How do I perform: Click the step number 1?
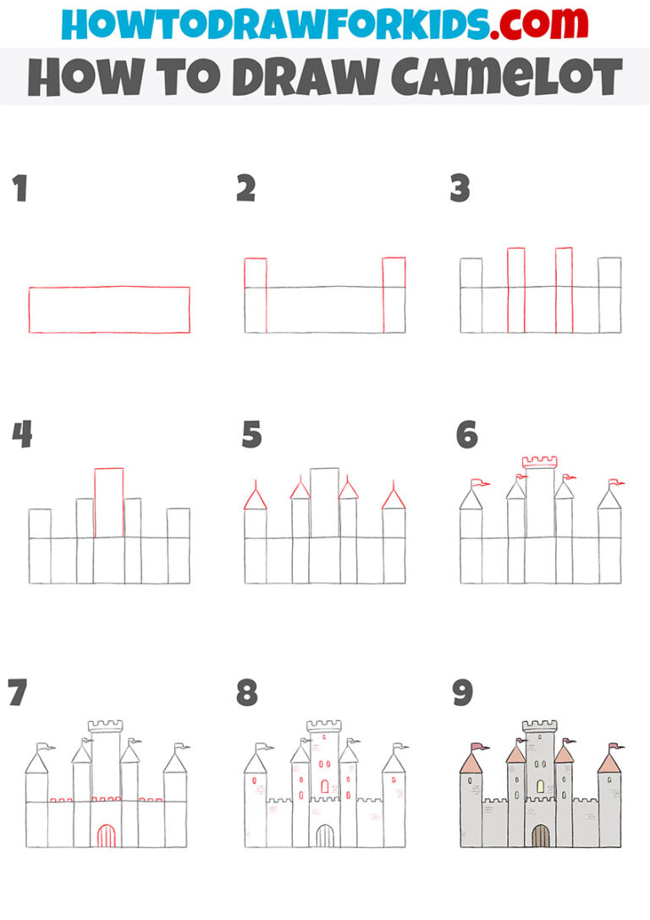pyautogui.click(x=20, y=189)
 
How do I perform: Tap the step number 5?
pyautogui.click(x=251, y=435)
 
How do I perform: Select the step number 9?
pyautogui.click(x=462, y=693)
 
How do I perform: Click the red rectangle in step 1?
pyautogui.click(x=109, y=310)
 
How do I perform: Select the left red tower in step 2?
pyautogui.click(x=256, y=295)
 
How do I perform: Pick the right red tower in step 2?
pyautogui.click(x=394, y=295)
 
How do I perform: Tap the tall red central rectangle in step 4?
pyautogui.click(x=109, y=502)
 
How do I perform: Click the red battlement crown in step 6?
pyautogui.click(x=539, y=461)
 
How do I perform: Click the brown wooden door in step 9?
pyautogui.click(x=540, y=836)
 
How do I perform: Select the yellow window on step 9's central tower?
pyautogui.click(x=540, y=786)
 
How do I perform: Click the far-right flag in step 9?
pyautogui.click(x=618, y=746)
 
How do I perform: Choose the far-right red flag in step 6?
pyautogui.click(x=618, y=483)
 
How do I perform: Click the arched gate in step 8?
pyautogui.click(x=324, y=836)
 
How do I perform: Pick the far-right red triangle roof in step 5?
pyautogui.click(x=394, y=497)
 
